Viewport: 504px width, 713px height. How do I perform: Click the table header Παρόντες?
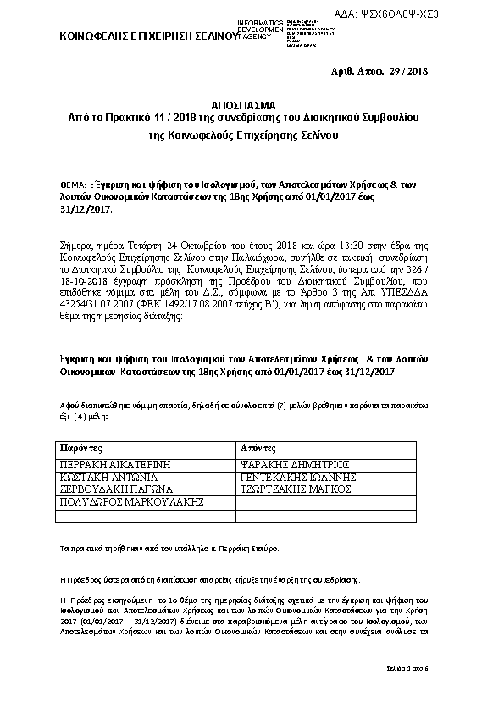point(80,447)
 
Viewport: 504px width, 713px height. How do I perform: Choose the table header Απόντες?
point(257,447)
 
